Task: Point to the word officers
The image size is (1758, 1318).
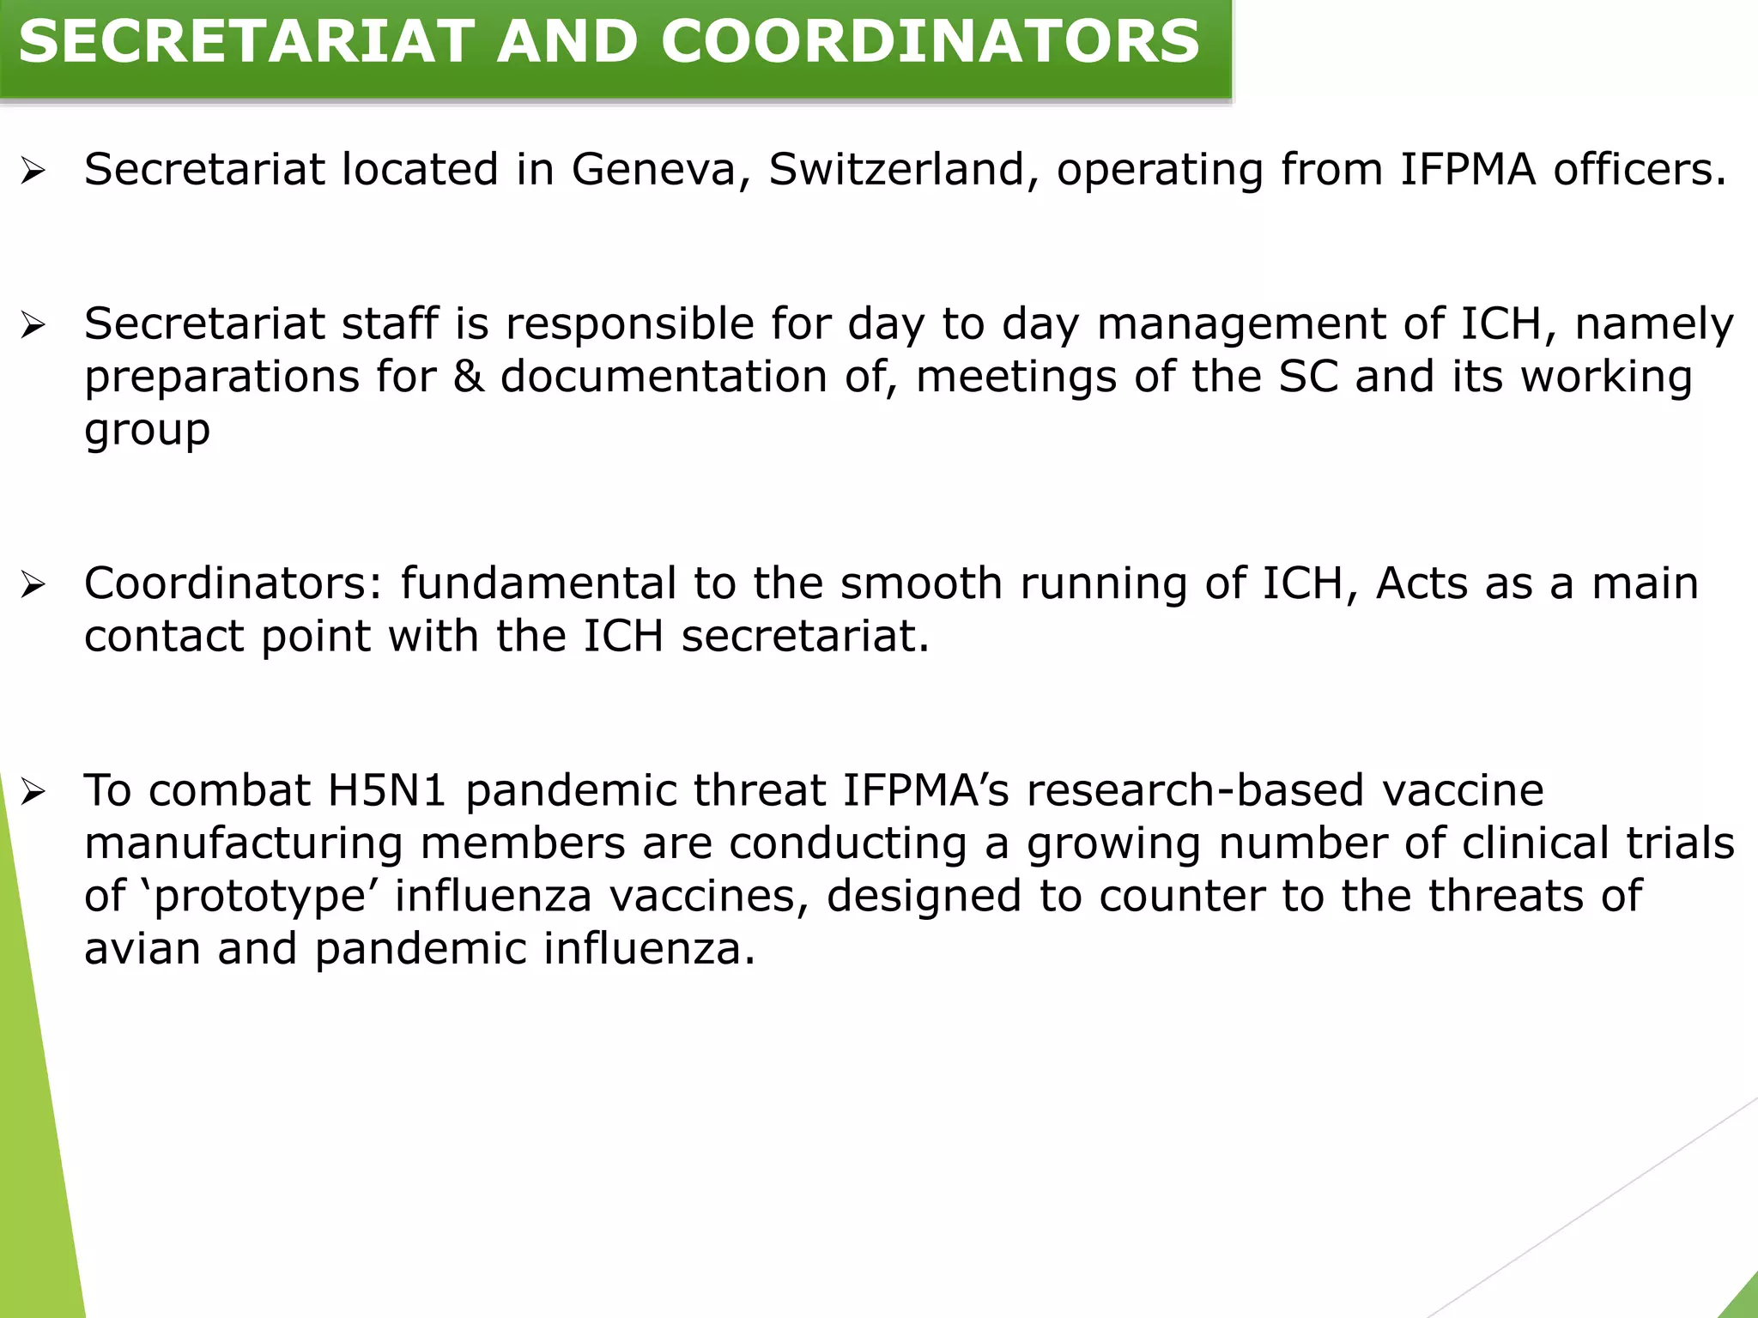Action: [x=1640, y=169]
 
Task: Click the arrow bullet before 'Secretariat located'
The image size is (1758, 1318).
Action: [x=33, y=171]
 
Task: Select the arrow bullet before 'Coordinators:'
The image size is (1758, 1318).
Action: [x=33, y=585]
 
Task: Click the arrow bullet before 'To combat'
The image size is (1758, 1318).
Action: [x=33, y=792]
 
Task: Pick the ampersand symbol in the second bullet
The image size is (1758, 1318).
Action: [x=469, y=377]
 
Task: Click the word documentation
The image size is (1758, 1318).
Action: [x=664, y=377]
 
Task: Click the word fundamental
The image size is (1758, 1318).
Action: [x=539, y=583]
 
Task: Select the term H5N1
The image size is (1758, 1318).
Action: [x=387, y=790]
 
